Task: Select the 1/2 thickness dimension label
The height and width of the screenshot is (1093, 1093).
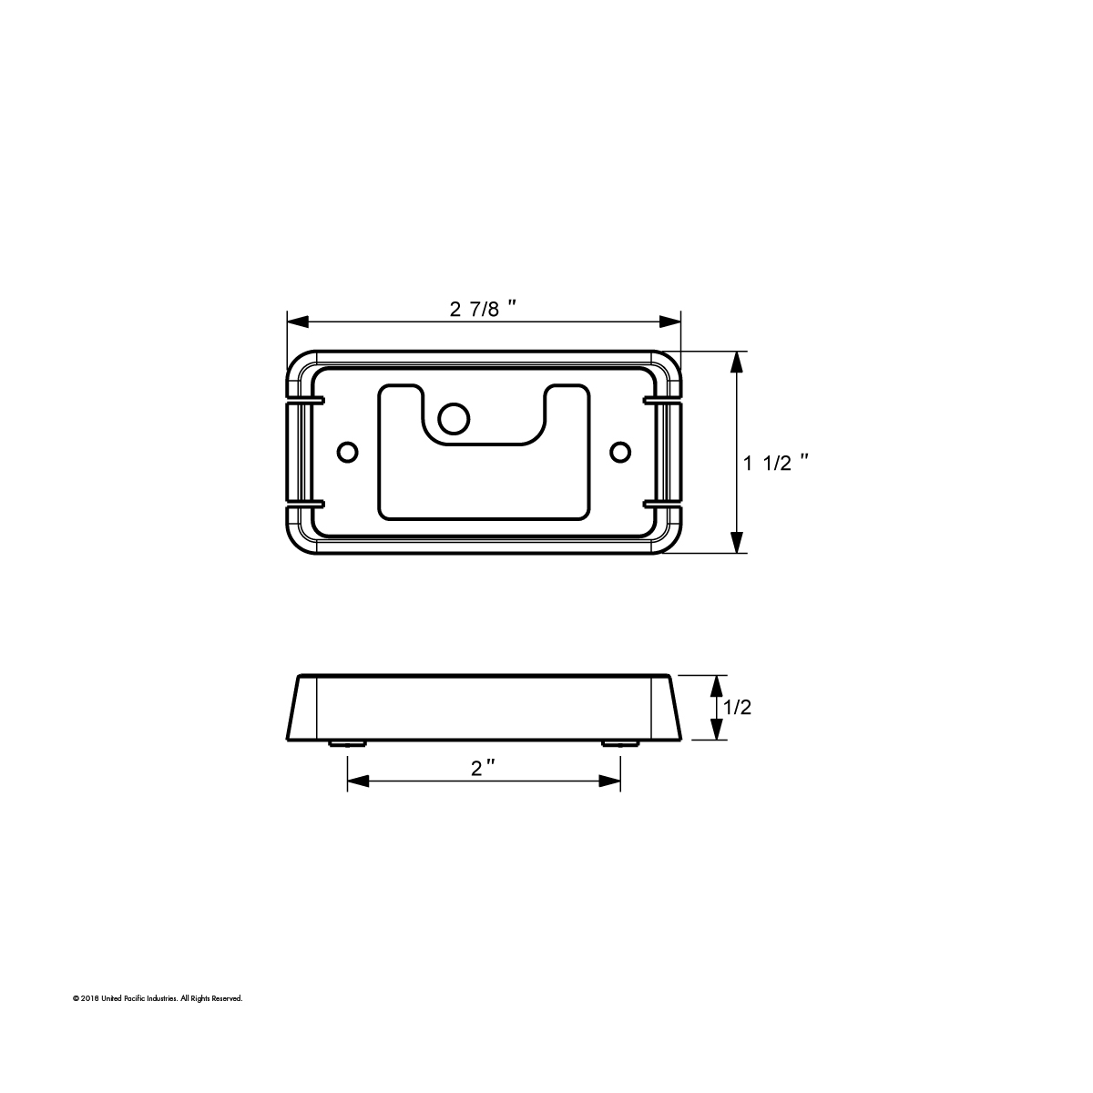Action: [x=736, y=707]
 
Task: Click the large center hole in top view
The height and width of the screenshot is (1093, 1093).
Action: [x=454, y=418]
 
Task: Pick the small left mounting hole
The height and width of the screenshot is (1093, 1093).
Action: [x=347, y=451]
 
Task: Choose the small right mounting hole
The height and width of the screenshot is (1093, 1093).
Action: [x=620, y=451]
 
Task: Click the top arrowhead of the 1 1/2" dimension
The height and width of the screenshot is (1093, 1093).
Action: [x=736, y=363]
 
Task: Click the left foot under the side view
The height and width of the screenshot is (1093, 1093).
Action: [x=347, y=743]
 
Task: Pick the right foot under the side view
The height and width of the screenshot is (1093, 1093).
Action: [x=620, y=743]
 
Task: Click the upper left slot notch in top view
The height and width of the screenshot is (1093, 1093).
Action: [x=305, y=399]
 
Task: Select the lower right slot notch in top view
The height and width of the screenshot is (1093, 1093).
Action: [x=662, y=503]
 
